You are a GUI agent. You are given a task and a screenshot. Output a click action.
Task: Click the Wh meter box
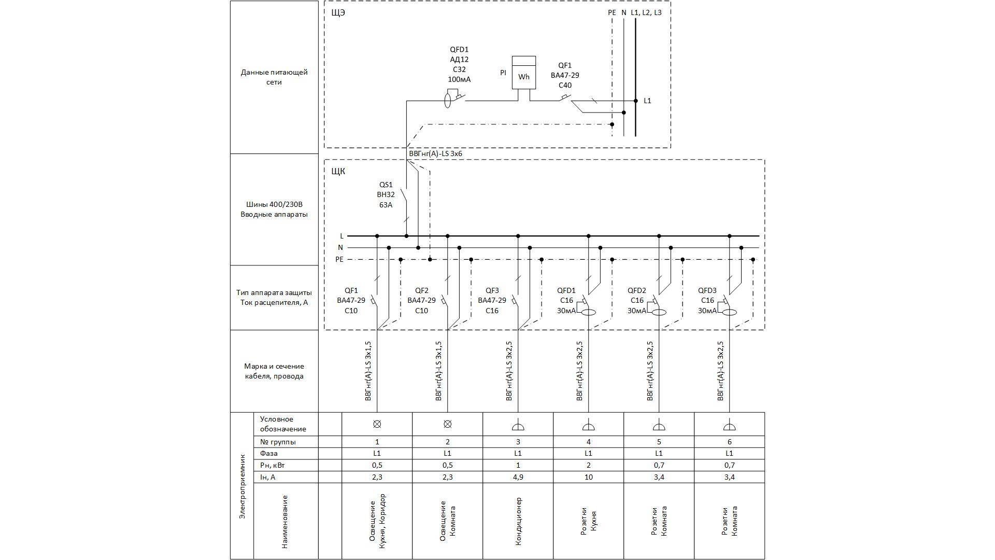point(524,77)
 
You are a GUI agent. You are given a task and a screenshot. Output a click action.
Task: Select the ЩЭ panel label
point(338,13)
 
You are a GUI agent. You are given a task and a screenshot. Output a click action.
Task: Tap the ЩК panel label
point(338,171)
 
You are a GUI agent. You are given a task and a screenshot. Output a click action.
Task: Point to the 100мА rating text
point(459,79)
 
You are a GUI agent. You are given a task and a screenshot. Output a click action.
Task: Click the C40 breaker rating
point(565,85)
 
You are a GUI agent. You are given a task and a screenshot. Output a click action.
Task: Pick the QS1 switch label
point(386,185)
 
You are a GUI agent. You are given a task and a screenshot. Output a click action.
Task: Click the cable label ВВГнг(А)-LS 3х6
point(435,154)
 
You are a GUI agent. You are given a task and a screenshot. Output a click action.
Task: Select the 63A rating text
point(386,205)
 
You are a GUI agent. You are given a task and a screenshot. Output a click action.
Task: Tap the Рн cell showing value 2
point(588,465)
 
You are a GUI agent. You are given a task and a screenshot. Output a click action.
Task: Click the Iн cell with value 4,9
point(518,477)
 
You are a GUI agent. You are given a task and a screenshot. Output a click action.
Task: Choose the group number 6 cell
point(729,442)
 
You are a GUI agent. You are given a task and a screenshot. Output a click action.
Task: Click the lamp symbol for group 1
point(377,424)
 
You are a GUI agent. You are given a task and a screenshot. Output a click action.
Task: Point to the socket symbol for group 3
point(518,427)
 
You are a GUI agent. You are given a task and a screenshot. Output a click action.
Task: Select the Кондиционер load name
point(518,522)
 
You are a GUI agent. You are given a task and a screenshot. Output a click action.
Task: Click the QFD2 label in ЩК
point(637,290)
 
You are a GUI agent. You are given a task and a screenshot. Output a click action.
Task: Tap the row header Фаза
point(268,453)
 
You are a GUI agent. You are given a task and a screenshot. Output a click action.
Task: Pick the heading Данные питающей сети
point(274,77)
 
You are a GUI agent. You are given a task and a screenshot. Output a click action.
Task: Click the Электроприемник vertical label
point(242,486)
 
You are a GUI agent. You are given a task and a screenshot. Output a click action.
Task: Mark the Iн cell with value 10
point(588,477)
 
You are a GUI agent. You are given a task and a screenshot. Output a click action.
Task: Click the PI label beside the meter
point(503,73)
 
